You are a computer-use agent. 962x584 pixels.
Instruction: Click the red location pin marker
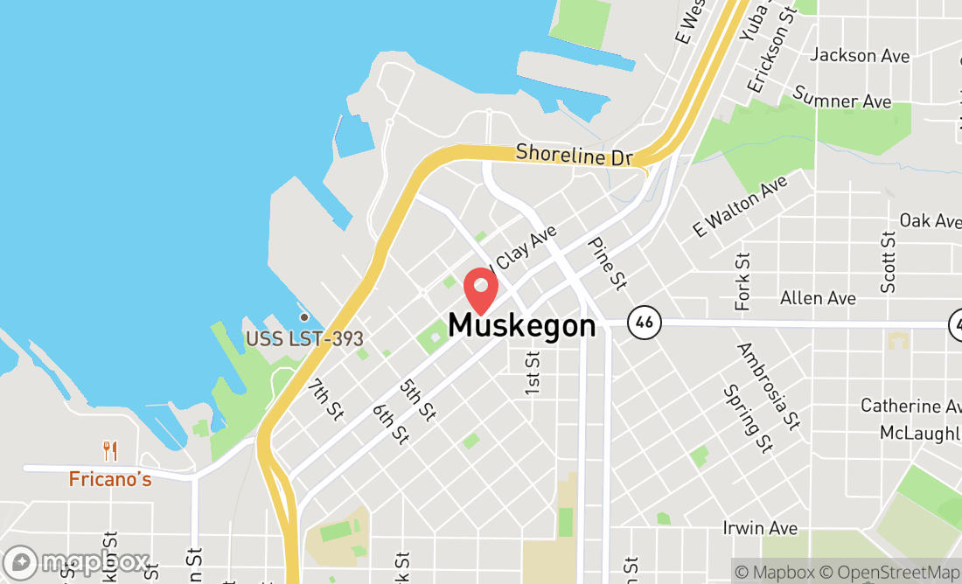[480, 289]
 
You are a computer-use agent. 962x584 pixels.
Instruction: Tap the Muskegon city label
[522, 326]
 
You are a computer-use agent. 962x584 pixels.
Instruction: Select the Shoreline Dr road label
[574, 155]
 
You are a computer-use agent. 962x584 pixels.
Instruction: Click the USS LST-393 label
[304, 338]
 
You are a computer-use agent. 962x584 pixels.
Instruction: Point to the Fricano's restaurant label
[110, 479]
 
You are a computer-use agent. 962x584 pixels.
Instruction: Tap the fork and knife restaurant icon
[110, 451]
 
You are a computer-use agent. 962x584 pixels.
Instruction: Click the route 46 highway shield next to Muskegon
[644, 323]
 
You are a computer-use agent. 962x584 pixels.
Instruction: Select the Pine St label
[608, 263]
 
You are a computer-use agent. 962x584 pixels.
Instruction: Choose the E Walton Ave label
[740, 206]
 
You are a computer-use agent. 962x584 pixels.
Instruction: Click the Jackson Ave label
[860, 55]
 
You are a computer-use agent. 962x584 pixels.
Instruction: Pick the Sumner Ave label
[841, 97]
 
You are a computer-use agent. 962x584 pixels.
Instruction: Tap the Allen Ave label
[818, 298]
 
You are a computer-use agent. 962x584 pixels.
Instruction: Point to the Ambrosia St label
[769, 386]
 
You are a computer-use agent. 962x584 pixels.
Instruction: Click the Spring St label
[748, 419]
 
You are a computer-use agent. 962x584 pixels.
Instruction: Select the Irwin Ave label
[760, 528]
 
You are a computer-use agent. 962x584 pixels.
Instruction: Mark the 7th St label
[327, 399]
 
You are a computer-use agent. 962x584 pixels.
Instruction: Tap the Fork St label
[743, 282]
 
